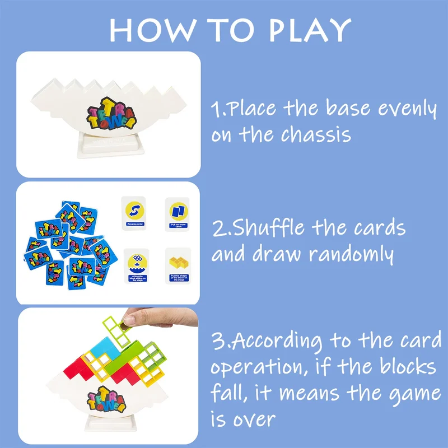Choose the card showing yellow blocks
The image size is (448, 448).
[x=178, y=264]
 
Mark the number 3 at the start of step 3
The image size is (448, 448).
[x=216, y=340]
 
